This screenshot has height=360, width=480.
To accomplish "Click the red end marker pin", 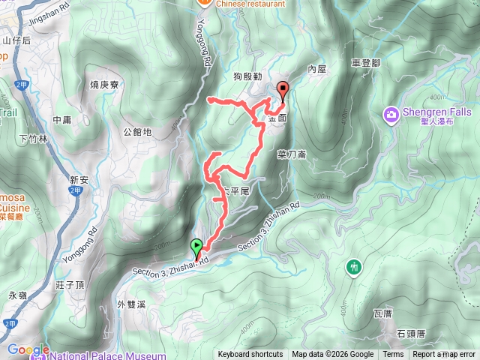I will (x=283, y=89).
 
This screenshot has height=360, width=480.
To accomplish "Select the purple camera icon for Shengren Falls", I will (x=391, y=115).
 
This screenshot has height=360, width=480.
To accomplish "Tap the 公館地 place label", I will (x=137, y=133).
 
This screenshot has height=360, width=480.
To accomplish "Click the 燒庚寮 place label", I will (x=105, y=84).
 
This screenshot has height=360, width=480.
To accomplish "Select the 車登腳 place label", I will (x=367, y=65).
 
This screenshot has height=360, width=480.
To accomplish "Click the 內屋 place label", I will (x=318, y=69).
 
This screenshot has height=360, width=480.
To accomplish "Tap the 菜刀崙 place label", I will (x=291, y=154).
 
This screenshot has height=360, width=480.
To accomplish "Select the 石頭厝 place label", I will (x=411, y=333).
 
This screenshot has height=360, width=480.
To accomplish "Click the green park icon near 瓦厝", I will (x=353, y=266).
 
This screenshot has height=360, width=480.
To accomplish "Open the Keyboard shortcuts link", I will (x=250, y=355).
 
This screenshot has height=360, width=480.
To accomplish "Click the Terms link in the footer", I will (x=393, y=355).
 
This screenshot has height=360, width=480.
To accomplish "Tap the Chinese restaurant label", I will (x=247, y=3).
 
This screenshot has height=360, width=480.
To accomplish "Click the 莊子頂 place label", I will (x=69, y=285).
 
